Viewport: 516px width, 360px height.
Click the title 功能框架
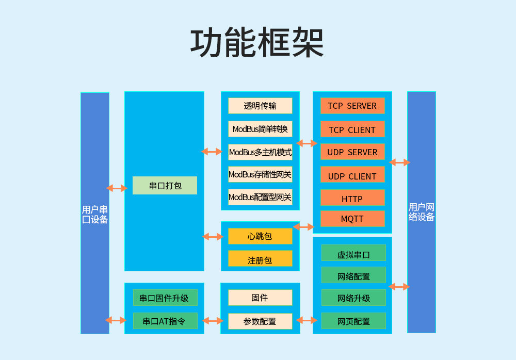coord(257,42)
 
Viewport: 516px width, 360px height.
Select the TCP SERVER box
coord(352,106)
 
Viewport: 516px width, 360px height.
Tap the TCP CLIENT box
coord(352,129)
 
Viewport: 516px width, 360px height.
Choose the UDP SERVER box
coord(352,152)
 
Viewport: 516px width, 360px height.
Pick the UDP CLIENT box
coord(352,176)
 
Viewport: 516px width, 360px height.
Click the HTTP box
coord(352,199)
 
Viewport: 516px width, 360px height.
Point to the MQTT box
coord(352,219)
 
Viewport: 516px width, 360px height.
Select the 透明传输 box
coord(260,106)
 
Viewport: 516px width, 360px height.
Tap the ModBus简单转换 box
coord(260,129)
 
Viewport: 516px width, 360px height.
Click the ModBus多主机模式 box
coord(260,152)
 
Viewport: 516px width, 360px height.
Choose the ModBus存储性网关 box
coord(260,175)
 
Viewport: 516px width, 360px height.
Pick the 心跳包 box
coord(260,236)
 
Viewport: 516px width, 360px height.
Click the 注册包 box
coord(260,260)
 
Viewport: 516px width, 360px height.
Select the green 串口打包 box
coord(165,186)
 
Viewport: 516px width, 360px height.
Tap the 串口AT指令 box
coord(165,321)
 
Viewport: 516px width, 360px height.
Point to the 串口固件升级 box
coord(165,298)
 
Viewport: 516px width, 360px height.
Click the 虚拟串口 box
coord(353,254)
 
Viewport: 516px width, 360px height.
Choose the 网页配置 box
coord(353,321)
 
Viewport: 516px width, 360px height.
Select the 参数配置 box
coord(260,321)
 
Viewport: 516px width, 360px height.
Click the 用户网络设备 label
coord(422,212)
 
